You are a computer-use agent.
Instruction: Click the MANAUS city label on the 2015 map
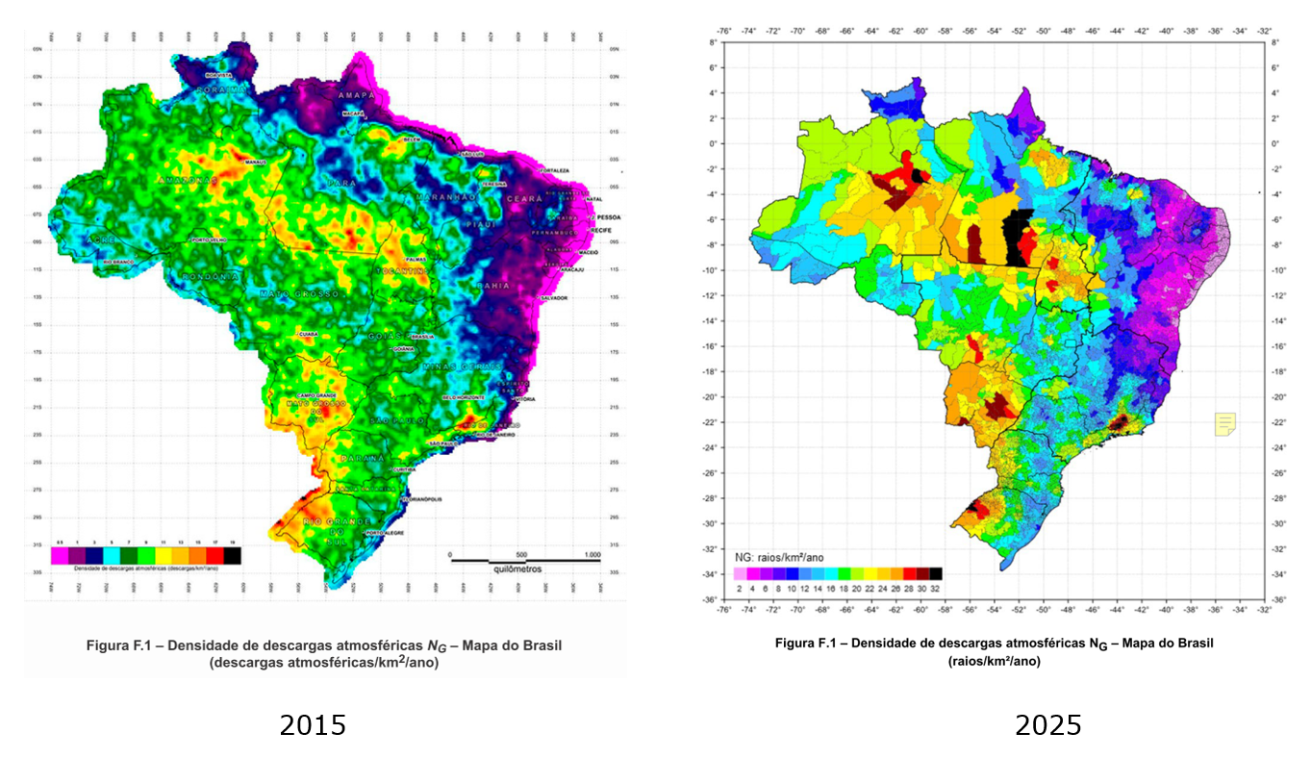click(x=254, y=163)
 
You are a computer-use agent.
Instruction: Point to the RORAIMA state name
click(x=221, y=88)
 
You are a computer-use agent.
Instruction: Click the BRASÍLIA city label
click(x=422, y=337)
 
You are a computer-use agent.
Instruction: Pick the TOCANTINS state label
click(x=402, y=271)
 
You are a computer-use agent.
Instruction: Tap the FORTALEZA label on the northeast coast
click(x=556, y=170)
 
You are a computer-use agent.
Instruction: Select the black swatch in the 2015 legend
click(x=232, y=555)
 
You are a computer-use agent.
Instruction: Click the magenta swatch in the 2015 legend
click(x=60, y=555)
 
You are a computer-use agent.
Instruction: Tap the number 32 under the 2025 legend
click(x=936, y=587)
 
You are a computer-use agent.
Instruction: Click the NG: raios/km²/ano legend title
click(x=778, y=557)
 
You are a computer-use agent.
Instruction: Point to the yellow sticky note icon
click(x=1225, y=423)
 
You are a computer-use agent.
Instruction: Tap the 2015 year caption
click(x=313, y=724)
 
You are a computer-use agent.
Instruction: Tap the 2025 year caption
click(x=1048, y=724)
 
